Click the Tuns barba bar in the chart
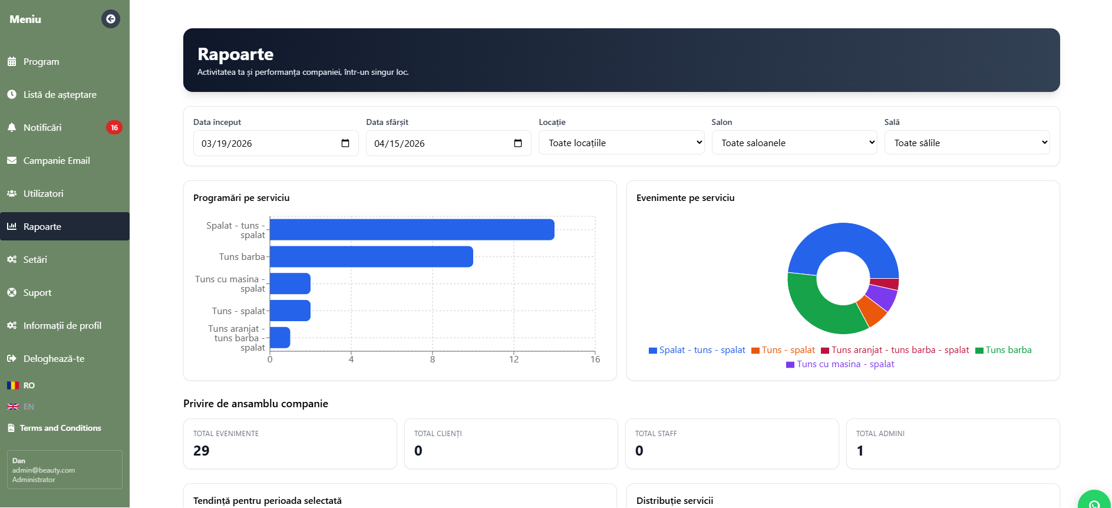tap(371, 257)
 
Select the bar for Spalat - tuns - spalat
tap(412, 230)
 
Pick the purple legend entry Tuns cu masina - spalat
tap(840, 364)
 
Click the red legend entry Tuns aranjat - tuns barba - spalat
tap(895, 350)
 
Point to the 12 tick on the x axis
tap(514, 359)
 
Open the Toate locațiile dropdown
tap(622, 143)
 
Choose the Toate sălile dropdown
tap(967, 143)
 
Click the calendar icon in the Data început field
tap(345, 143)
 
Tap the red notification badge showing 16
tap(114, 127)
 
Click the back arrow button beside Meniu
tap(111, 19)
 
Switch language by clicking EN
tap(29, 407)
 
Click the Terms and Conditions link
tap(60, 428)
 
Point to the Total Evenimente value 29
tap(202, 451)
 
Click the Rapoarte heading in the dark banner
tap(236, 54)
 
